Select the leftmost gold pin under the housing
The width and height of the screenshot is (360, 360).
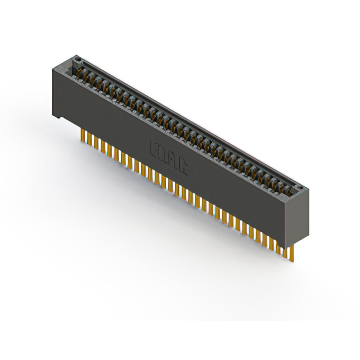pyautogui.click(x=83, y=136)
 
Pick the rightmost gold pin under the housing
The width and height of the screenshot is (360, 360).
pyautogui.click(x=292, y=252)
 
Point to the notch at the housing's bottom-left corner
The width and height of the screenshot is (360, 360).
pyautogui.click(x=58, y=118)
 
